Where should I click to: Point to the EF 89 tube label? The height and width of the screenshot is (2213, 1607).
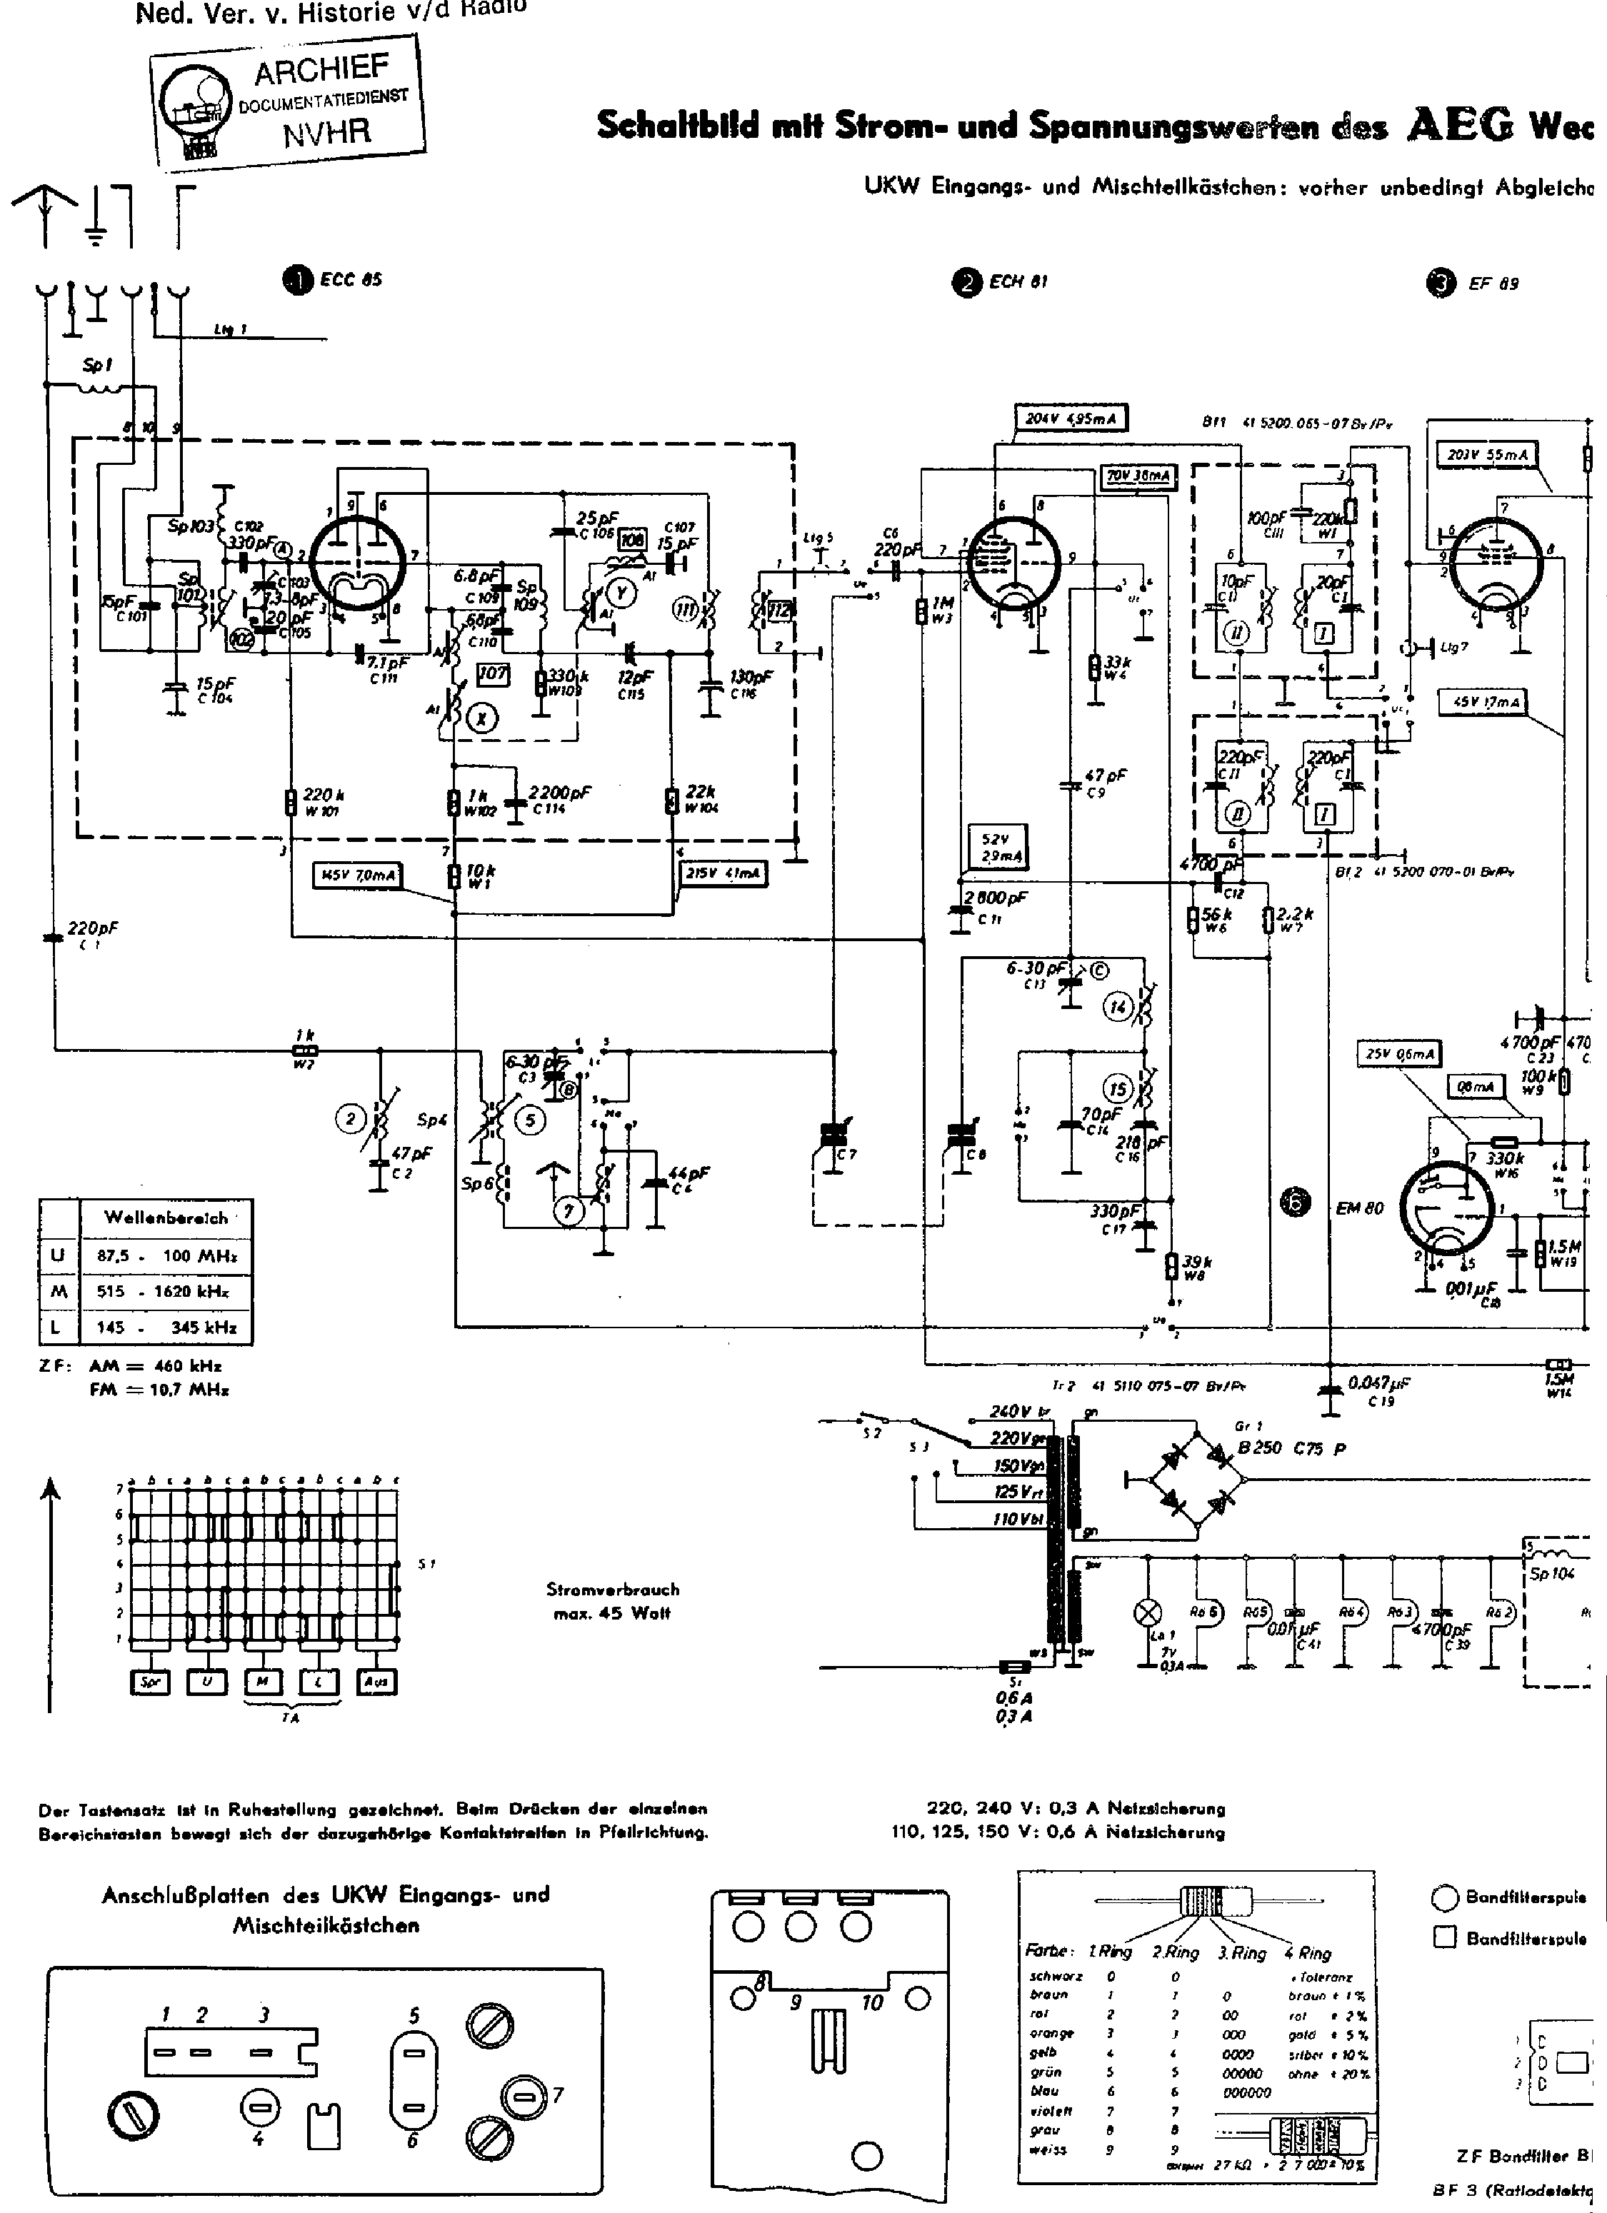(1492, 285)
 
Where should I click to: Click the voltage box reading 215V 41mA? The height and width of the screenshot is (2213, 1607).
(723, 873)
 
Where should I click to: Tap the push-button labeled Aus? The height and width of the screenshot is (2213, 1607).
(376, 1682)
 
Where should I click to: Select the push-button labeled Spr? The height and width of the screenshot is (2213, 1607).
(149, 1682)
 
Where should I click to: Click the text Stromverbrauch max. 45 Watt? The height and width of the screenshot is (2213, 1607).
(612, 1601)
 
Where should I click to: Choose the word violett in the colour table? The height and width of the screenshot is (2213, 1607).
(1051, 2111)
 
